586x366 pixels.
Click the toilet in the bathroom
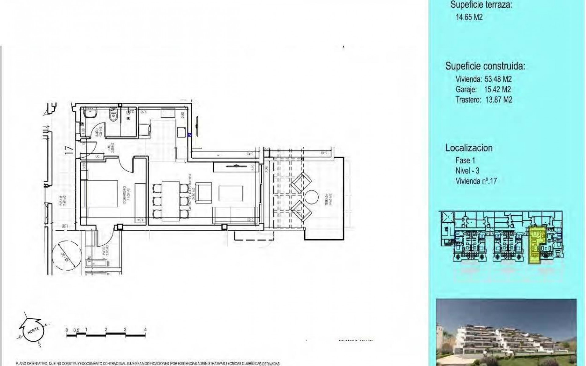pos(113,115)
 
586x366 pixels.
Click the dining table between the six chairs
pos(171,201)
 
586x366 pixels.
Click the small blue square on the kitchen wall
pos(190,134)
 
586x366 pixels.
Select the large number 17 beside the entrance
pos(70,150)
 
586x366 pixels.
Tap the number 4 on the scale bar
pos(146,330)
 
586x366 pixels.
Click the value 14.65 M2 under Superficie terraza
pos(469,17)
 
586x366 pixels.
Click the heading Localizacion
pos(468,148)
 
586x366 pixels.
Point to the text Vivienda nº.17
pos(476,181)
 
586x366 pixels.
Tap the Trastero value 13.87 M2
pos(498,100)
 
